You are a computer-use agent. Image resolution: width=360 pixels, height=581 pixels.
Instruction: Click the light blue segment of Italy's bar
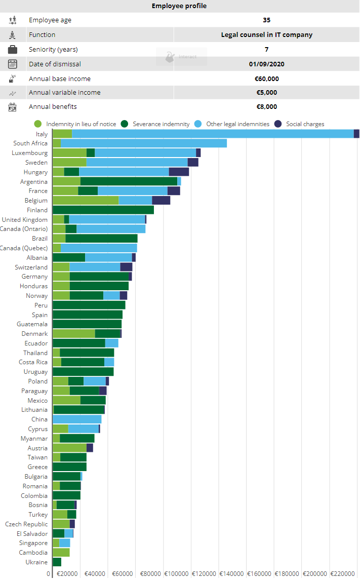(x=213, y=134)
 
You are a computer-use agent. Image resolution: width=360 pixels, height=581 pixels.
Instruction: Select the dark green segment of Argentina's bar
(x=129, y=181)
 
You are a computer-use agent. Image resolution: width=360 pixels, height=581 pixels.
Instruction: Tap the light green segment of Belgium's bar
(x=86, y=201)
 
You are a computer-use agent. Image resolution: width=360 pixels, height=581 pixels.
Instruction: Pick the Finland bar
(x=103, y=210)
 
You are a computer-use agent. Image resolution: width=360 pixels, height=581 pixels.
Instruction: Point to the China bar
(x=77, y=419)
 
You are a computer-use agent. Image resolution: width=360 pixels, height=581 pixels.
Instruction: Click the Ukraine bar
(x=57, y=562)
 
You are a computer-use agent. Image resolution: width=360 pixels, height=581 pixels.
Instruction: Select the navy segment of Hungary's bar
(x=179, y=172)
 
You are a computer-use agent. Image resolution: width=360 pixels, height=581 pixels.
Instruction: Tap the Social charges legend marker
(x=277, y=124)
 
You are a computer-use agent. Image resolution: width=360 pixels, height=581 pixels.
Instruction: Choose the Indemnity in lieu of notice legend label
(x=81, y=124)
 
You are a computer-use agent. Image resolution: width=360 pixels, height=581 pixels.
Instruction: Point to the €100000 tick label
(x=177, y=574)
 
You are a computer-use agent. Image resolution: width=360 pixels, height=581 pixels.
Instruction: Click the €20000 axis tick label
(x=67, y=574)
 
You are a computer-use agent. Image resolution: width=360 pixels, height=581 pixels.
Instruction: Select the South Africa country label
(x=30, y=143)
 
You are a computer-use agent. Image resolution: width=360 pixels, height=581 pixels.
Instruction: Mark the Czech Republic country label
(x=26, y=524)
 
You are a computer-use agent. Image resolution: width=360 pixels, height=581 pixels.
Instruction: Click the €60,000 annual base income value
(x=266, y=79)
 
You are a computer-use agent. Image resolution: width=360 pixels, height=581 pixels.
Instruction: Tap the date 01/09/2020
(x=266, y=64)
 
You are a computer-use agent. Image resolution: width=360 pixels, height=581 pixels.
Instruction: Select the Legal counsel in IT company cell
(x=266, y=35)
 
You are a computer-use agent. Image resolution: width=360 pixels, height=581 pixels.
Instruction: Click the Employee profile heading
(x=179, y=6)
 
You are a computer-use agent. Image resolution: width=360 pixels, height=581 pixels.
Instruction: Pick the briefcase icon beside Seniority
(x=13, y=50)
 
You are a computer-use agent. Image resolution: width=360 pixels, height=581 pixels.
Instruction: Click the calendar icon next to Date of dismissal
(x=13, y=64)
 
